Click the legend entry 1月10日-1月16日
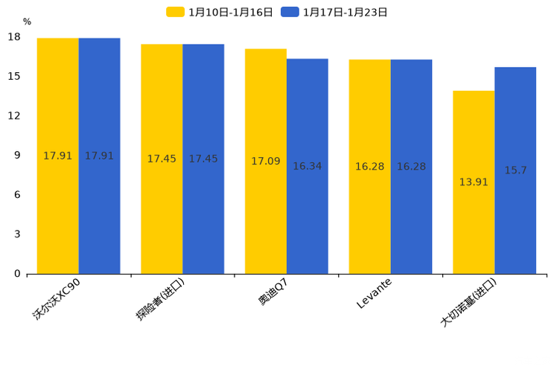click(220, 12)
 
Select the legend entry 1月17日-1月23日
click(335, 12)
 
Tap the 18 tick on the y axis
click(14, 37)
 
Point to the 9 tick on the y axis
click(17, 155)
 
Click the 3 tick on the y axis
click(17, 234)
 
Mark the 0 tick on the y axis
click(17, 274)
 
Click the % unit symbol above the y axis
click(27, 22)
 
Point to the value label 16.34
click(308, 166)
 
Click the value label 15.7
click(515, 170)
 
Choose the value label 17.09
click(266, 161)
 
